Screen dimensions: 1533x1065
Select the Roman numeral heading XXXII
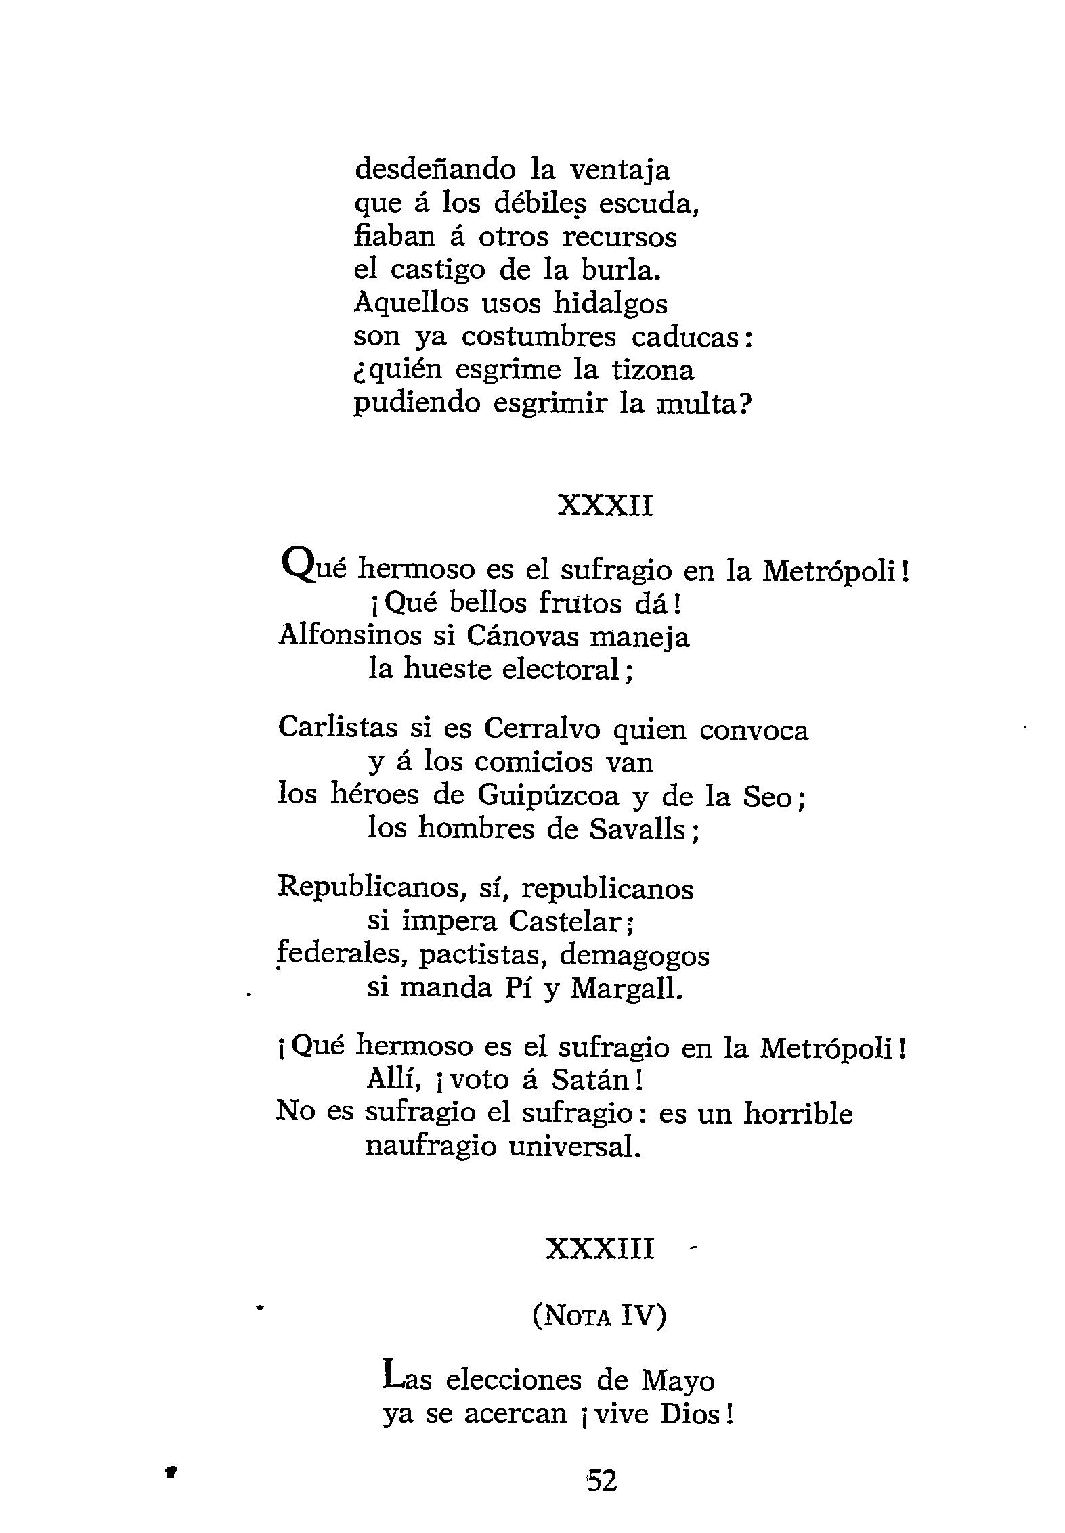click(x=605, y=506)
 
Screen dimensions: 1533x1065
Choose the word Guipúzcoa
click(x=548, y=796)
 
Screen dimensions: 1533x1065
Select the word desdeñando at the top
click(x=434, y=169)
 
